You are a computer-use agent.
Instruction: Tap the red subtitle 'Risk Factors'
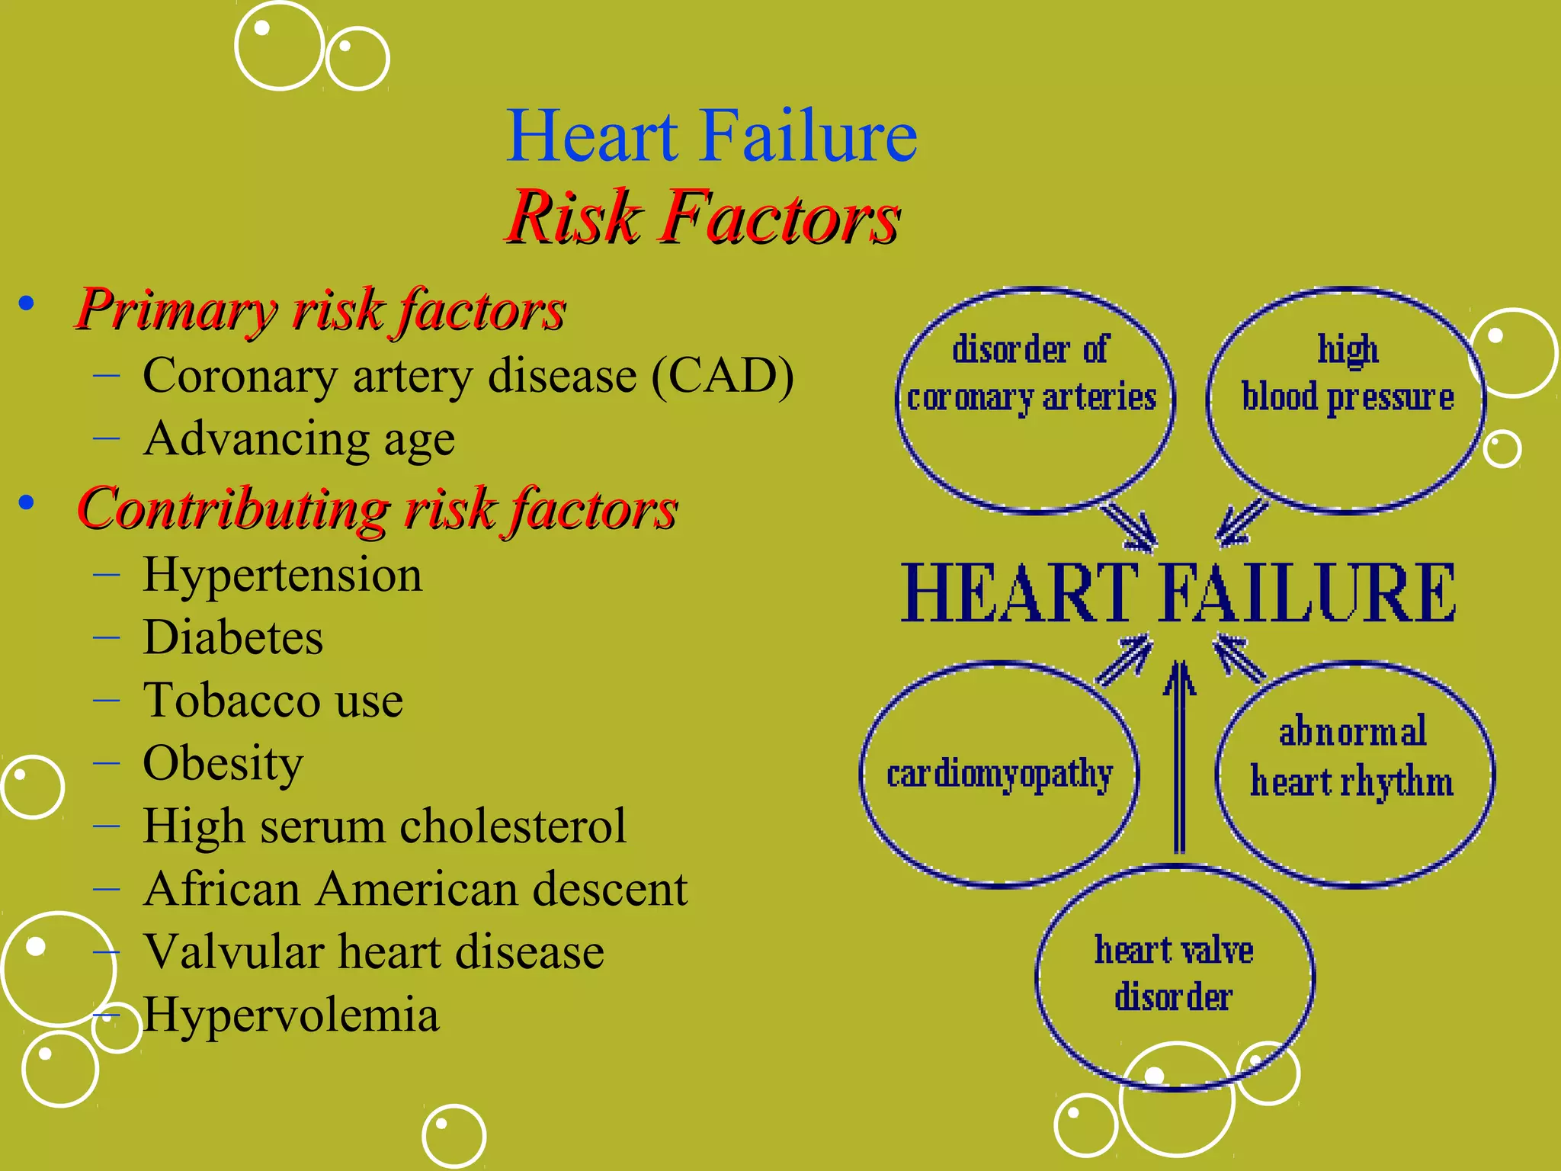[703, 218]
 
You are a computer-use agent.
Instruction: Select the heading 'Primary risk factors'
[321, 311]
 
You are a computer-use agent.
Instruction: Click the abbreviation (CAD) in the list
[722, 376]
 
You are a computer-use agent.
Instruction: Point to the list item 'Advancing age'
[299, 439]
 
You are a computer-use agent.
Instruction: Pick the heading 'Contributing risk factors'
[377, 509]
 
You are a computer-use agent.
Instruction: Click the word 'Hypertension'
[282, 575]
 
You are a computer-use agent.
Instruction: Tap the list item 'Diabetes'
[232, 637]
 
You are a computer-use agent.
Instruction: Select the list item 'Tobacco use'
[273, 701]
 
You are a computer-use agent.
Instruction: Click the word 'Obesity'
[223, 763]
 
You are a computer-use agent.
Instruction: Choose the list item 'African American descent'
[415, 889]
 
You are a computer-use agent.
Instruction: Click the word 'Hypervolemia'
[291, 1015]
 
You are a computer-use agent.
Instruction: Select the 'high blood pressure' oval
[1347, 400]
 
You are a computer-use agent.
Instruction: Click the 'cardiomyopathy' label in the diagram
[999, 775]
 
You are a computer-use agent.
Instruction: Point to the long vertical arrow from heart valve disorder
[1179, 762]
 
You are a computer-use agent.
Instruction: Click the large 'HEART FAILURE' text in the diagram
[1178, 593]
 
